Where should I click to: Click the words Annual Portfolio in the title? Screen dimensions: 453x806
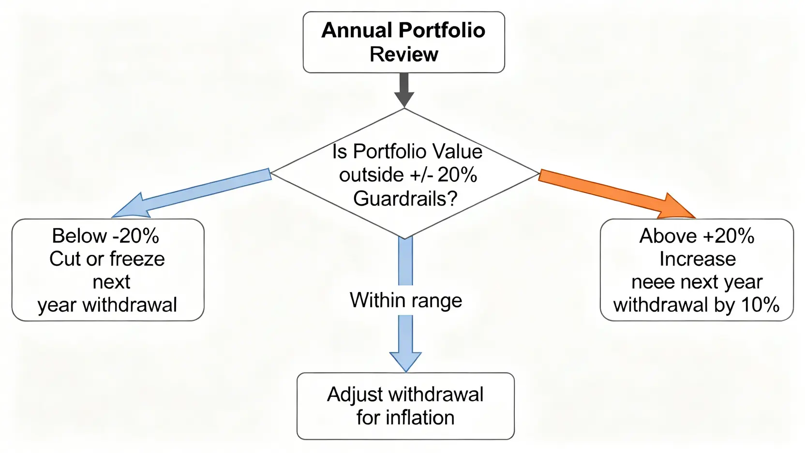click(x=403, y=30)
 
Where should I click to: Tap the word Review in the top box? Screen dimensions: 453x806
click(x=404, y=54)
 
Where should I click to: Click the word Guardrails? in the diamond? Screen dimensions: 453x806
click(x=405, y=198)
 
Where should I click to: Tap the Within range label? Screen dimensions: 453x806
click(x=406, y=300)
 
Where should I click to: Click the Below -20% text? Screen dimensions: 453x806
click(x=105, y=236)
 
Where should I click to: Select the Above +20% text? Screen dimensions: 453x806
click(x=697, y=236)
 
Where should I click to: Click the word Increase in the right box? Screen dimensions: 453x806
click(x=697, y=259)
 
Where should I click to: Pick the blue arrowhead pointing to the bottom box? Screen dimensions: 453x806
click(x=405, y=360)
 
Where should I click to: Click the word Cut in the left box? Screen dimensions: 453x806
click(x=64, y=259)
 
